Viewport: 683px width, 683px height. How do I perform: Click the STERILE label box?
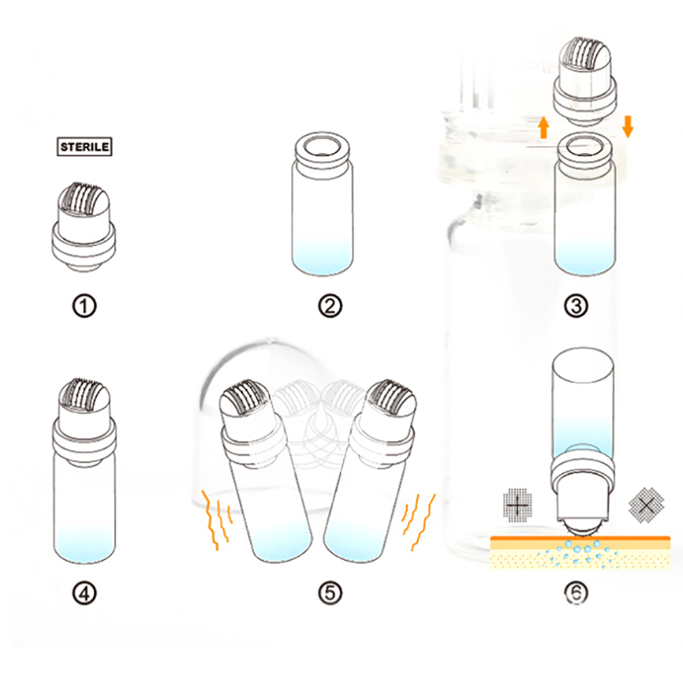[85, 147]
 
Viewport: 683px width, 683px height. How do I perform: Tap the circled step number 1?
[84, 306]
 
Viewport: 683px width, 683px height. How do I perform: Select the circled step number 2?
[330, 306]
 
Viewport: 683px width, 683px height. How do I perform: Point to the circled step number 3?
[576, 306]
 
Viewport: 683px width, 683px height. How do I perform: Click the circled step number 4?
[84, 593]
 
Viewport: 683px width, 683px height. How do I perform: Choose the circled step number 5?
[330, 593]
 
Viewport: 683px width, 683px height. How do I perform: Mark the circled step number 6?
[576, 593]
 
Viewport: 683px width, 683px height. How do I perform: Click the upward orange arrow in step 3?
[543, 127]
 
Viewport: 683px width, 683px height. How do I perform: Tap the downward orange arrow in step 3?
[628, 126]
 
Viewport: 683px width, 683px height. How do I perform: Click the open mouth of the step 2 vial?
[322, 147]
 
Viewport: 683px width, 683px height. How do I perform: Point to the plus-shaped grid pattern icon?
[518, 505]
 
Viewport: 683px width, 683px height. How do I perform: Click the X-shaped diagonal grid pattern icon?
[646, 505]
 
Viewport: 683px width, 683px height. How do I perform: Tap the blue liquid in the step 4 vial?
[85, 543]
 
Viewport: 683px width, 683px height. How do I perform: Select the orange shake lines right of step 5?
[419, 521]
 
